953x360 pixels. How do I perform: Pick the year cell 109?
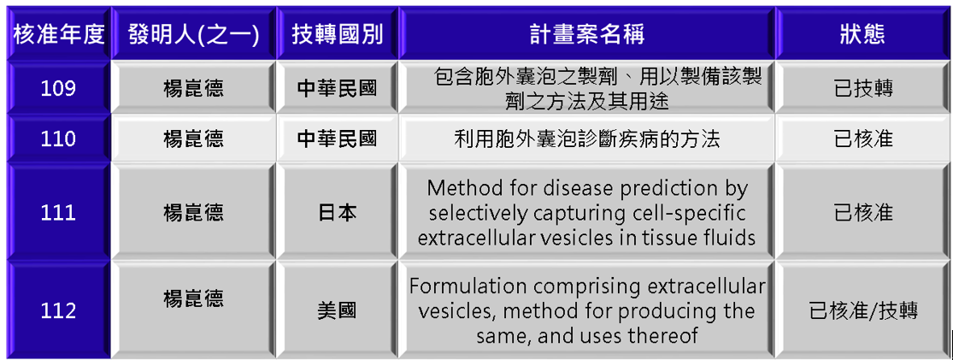pos(58,89)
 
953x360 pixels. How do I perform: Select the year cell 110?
pos(58,139)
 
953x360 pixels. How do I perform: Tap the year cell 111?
pos(58,213)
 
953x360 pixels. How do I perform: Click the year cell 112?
pos(58,310)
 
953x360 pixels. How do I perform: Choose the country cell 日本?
pos(338,214)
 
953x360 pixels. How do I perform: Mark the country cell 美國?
pos(338,311)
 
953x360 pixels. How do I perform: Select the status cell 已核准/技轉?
pos(863,311)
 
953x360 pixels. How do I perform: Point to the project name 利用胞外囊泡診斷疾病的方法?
pos(587,140)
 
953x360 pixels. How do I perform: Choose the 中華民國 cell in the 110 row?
pos(338,140)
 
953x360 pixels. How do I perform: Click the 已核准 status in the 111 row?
pos(863,214)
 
